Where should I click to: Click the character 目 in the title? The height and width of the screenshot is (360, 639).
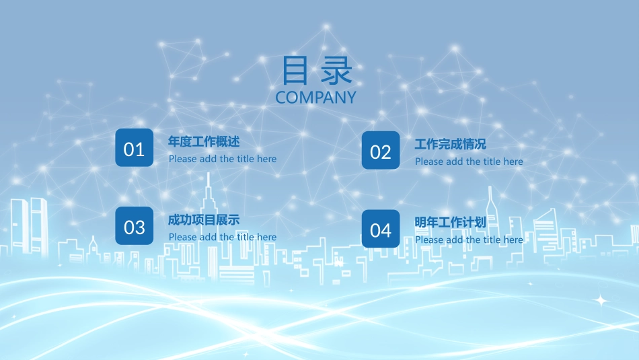pyautogui.click(x=294, y=70)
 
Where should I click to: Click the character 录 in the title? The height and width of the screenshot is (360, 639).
pyautogui.click(x=336, y=70)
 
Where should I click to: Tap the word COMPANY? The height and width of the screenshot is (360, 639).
pyautogui.click(x=315, y=98)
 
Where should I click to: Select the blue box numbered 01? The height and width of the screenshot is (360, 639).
pyautogui.click(x=135, y=148)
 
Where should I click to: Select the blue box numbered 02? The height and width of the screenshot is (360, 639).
pyautogui.click(x=381, y=151)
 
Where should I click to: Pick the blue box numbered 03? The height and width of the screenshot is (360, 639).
pyautogui.click(x=135, y=226)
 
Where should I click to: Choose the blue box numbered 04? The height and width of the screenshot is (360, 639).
pyautogui.click(x=381, y=229)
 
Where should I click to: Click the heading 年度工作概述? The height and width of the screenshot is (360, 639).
pyautogui.click(x=204, y=142)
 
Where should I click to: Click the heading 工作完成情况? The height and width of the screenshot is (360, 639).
pyautogui.click(x=450, y=145)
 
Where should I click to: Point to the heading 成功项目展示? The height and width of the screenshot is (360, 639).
pyautogui.click(x=204, y=220)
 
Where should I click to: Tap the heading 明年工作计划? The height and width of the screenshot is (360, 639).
pyautogui.click(x=450, y=222)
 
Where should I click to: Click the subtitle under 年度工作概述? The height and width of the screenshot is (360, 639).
pyautogui.click(x=223, y=159)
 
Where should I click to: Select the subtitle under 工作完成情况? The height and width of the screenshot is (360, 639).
pyautogui.click(x=469, y=161)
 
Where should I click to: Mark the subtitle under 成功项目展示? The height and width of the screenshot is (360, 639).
pyautogui.click(x=223, y=237)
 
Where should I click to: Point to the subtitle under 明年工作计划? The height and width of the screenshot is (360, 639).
pyautogui.click(x=469, y=240)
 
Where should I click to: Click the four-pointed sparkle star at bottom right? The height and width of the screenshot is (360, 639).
pyautogui.click(x=601, y=300)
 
